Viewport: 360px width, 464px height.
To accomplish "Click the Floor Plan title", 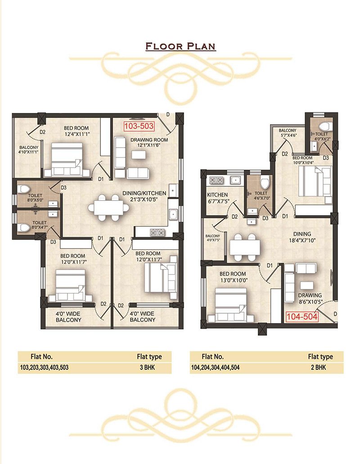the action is [180, 46].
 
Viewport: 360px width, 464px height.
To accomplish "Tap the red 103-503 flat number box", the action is [139, 126].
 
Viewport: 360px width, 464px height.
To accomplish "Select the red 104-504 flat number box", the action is [302, 317].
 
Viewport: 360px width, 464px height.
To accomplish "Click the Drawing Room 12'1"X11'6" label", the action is [149, 142].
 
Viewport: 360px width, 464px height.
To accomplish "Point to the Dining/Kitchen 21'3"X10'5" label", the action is [144, 196].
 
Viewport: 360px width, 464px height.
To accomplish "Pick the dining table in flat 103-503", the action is [108, 207].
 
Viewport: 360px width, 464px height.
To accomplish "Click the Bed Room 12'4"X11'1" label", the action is [76, 131].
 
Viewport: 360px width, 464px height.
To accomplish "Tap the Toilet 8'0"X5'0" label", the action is [35, 198].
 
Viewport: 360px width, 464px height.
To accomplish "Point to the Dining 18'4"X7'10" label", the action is [302, 237].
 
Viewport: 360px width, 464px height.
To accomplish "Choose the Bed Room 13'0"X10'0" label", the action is [233, 277].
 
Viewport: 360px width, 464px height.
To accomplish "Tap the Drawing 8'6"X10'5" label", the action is [310, 298].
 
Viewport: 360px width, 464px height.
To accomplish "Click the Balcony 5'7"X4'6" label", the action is [287, 133].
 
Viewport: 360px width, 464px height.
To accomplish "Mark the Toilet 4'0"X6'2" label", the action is [321, 136].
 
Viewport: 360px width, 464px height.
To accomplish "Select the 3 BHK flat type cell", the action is [147, 368].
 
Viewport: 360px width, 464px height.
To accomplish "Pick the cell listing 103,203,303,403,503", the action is [44, 368].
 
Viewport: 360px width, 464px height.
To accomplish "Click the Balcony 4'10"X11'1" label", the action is [29, 150].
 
